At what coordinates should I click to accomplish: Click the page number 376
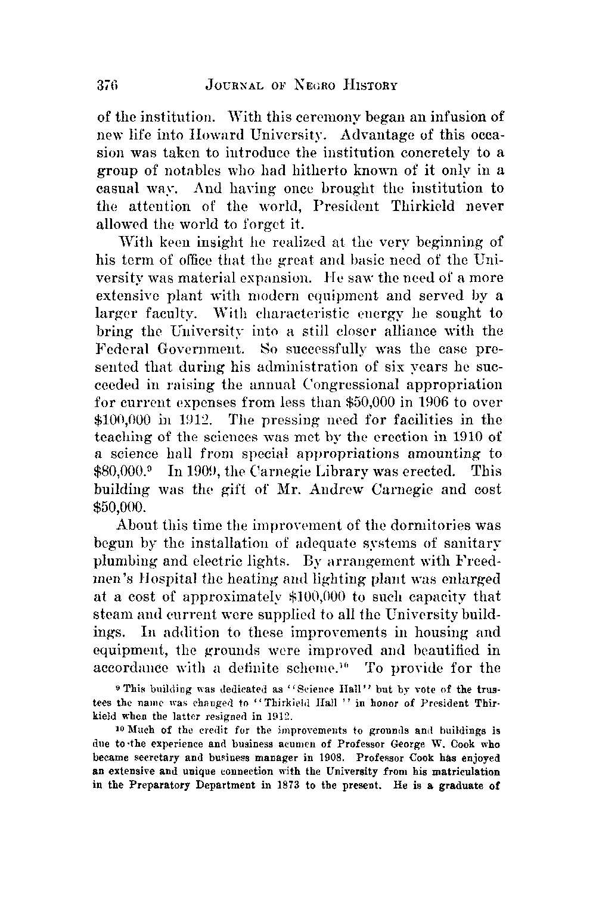click(109, 85)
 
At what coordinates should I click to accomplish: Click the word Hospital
click(173, 580)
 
